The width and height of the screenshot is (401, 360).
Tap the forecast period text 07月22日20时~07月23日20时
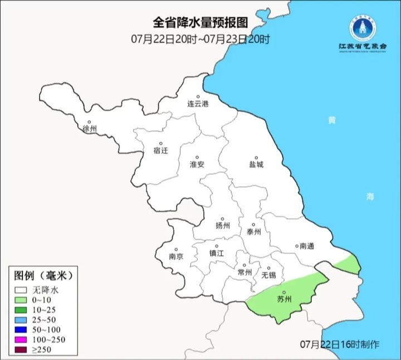200,39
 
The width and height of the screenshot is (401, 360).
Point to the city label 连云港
197,104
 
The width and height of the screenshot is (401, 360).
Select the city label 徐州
89,129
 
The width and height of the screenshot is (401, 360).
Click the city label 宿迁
160,150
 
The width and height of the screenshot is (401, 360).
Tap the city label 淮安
197,164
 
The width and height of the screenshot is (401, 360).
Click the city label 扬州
222,226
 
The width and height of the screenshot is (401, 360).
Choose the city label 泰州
253,232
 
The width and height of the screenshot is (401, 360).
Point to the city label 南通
306,245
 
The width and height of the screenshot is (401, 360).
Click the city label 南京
176,256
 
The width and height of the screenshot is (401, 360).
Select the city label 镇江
216,252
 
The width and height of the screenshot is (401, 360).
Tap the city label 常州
244,272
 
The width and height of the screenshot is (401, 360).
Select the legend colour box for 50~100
22,330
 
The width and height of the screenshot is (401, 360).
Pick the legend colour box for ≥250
22,349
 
